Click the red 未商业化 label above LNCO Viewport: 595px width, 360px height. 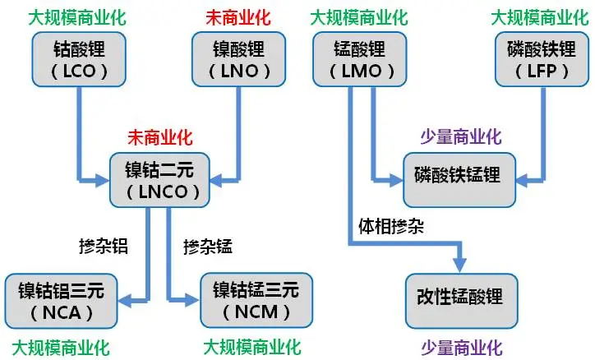click(x=159, y=136)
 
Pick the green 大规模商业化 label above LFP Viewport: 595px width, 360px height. click(x=537, y=16)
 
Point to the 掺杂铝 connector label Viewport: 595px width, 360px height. click(x=105, y=245)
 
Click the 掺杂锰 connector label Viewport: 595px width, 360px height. click(x=207, y=245)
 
